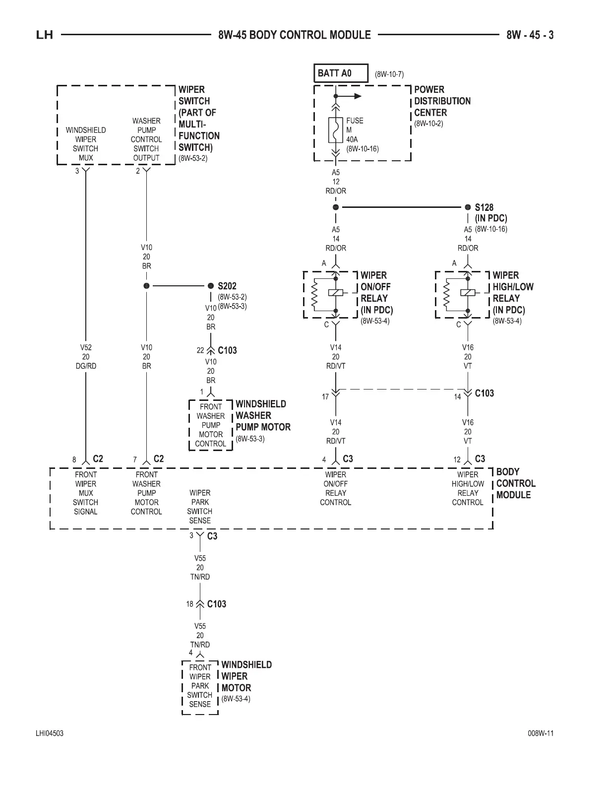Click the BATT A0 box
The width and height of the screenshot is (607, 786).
(341, 73)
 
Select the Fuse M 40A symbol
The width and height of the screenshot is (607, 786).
(336, 130)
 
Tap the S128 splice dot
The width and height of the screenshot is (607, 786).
(468, 207)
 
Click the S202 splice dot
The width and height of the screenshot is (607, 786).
(211, 286)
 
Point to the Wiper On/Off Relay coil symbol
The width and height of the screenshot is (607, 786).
(336, 293)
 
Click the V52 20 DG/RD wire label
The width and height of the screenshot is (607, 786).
(86, 357)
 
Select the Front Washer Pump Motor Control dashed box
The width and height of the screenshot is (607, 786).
(211, 425)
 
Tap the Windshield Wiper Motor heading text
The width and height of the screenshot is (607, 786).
(246, 676)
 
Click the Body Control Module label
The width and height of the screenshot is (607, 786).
(515, 483)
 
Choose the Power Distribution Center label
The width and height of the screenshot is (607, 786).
(442, 101)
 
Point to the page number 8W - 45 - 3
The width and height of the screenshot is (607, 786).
(530, 35)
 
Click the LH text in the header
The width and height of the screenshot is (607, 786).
(45, 35)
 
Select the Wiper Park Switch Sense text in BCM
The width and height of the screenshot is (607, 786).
(200, 507)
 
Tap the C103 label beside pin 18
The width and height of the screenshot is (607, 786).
(217, 604)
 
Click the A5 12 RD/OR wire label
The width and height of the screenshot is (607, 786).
(336, 182)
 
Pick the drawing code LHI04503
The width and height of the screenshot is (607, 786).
(50, 733)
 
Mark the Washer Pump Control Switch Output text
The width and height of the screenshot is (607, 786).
(146, 139)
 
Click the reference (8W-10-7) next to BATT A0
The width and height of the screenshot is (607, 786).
(389, 74)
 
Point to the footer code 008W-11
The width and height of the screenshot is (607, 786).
(541, 733)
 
